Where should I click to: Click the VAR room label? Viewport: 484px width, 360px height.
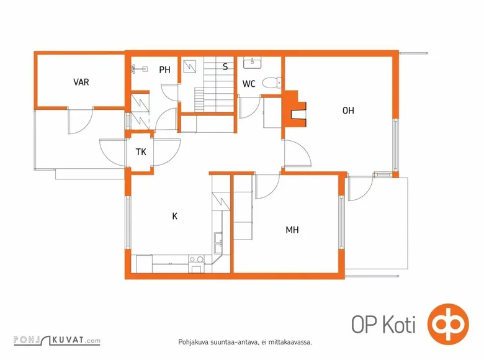coord(81,82)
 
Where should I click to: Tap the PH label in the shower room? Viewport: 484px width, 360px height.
coord(165,70)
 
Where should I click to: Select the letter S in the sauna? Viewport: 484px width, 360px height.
coord(225,66)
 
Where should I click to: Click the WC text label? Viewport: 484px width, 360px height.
coord(249,84)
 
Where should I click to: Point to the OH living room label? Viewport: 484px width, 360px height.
coord(348,110)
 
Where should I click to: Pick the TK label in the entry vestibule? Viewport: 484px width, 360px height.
coord(141,152)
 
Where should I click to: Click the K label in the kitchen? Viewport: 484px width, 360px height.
coord(175,217)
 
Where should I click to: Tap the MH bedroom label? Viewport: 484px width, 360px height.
coord(292,230)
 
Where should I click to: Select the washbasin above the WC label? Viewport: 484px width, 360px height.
coord(252,62)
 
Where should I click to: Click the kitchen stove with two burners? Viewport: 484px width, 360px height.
coord(196,264)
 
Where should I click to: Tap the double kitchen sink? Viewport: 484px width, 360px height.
coord(218,242)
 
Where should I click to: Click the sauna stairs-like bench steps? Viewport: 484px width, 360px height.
coord(214,84)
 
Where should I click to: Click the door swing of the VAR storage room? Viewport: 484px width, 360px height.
coord(80,121)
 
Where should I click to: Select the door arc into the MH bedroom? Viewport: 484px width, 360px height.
coord(267,187)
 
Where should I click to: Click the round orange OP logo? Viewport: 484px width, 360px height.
coord(448,324)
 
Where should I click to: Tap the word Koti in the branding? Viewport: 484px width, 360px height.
coord(399,325)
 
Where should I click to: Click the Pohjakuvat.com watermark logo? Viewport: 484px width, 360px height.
coord(57,340)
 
